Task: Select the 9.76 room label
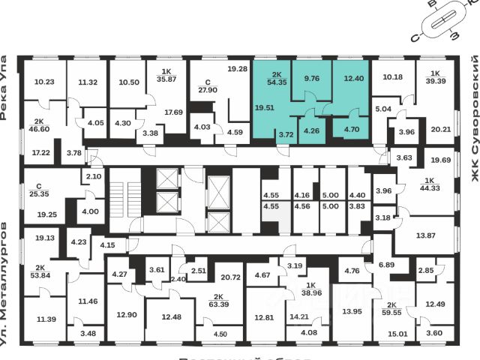pos(311,76)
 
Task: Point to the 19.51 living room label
pos(265,107)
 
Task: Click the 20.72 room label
pos(231,277)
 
